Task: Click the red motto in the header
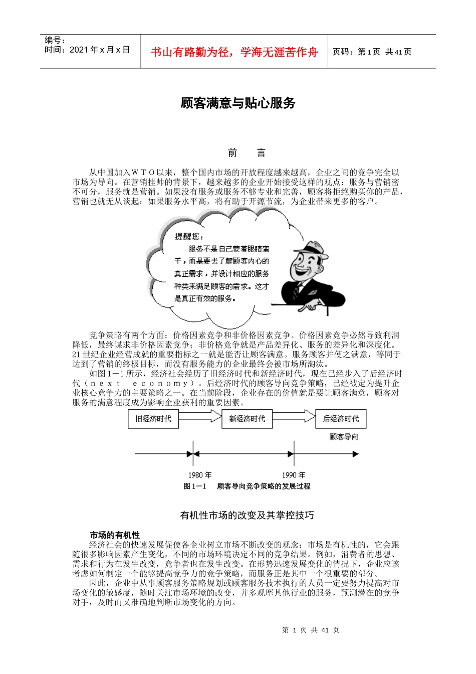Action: click(x=234, y=52)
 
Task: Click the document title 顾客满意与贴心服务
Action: click(x=238, y=103)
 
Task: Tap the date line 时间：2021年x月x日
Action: click(x=87, y=50)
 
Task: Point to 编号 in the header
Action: click(x=55, y=40)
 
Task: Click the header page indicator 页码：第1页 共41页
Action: click(x=372, y=52)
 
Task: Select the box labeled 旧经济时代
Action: click(x=153, y=419)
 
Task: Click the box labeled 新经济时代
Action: click(x=247, y=419)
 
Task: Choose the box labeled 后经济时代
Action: click(x=341, y=419)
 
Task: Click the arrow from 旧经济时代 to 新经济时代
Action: click(x=200, y=416)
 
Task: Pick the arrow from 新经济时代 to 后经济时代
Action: click(x=294, y=416)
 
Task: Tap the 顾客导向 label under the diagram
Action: click(x=344, y=437)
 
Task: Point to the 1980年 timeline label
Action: click(x=200, y=474)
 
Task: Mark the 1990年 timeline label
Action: click(x=294, y=474)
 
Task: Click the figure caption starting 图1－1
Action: click(x=247, y=486)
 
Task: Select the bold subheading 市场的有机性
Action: click(x=115, y=535)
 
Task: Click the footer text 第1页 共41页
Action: click(x=311, y=630)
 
